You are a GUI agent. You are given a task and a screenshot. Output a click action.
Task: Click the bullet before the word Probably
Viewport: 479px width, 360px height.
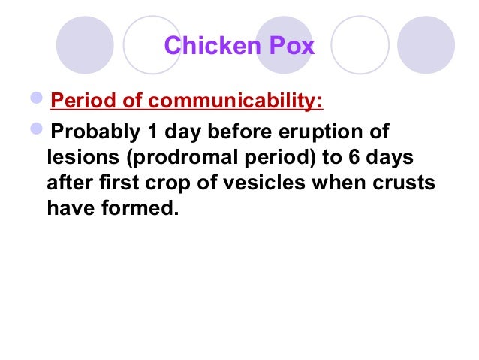click(x=39, y=133)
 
